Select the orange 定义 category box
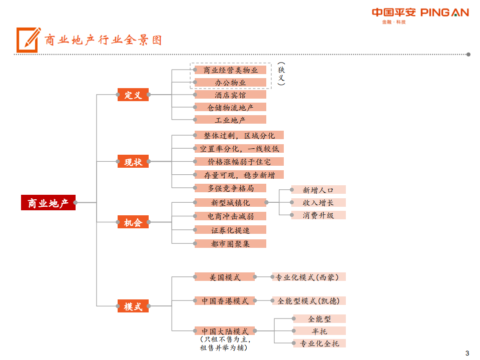pyautogui.click(x=133, y=95)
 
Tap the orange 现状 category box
pyautogui.click(x=133, y=162)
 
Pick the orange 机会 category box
pyautogui.click(x=133, y=222)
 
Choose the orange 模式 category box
pyautogui.click(x=133, y=306)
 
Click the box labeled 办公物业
pyautogui.click(x=230, y=82)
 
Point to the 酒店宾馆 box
pyautogui.click(x=230, y=95)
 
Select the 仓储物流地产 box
pyautogui.click(x=230, y=107)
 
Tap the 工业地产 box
pyautogui.click(x=230, y=120)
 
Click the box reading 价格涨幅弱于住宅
pyautogui.click(x=239, y=162)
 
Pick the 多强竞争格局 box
pyautogui.click(x=230, y=188)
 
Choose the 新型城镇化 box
pyautogui.click(x=230, y=202)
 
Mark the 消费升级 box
pyautogui.click(x=318, y=215)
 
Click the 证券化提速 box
pyautogui.click(x=230, y=230)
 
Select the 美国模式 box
pyautogui.click(x=225, y=277)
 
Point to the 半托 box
pyautogui.click(x=319, y=331)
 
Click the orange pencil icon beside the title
pyautogui.click(x=29, y=38)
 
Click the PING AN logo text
pyautogui.click(x=444, y=13)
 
